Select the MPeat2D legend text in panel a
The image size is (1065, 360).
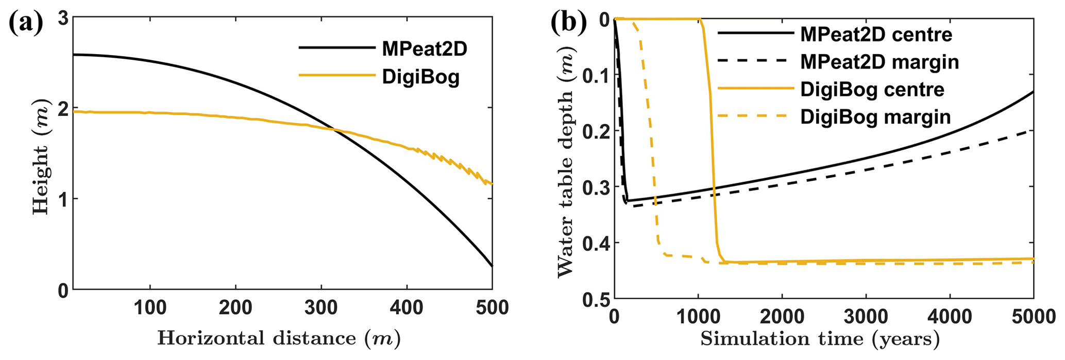coord(425,48)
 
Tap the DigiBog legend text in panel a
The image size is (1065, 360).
coord(420,77)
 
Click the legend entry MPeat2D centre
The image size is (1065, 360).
coord(876,34)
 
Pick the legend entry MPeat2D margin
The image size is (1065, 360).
coord(880,62)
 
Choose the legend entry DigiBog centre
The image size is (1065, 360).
coord(872,90)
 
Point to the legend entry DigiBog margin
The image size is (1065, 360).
coord(875,117)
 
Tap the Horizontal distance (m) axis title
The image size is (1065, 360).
coord(279,338)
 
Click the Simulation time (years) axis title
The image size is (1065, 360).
coord(820,338)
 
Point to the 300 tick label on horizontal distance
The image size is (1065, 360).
coord(321,308)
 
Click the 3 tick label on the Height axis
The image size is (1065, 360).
coord(62,19)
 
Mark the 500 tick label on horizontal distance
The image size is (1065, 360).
coord(492,308)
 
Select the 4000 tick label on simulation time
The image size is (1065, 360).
coord(950,316)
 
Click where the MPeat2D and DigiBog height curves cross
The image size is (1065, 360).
coord(334,129)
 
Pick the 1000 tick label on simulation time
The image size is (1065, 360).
coord(698,316)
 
